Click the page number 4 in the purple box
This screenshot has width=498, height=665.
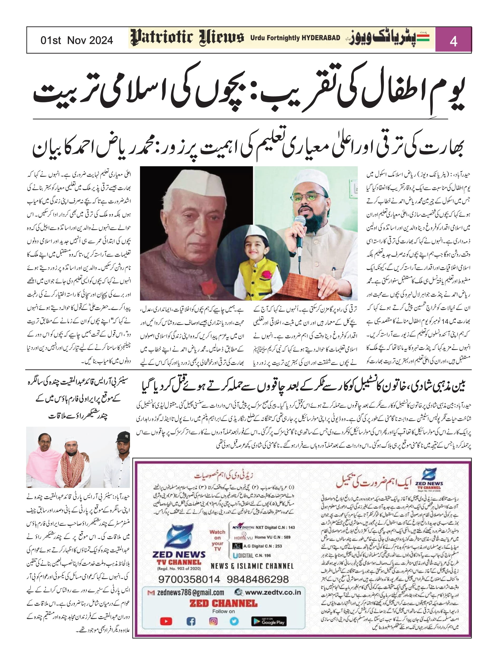(453, 41)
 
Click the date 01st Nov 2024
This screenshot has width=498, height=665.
(77, 40)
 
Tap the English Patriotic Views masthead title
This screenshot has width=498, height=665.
(187, 38)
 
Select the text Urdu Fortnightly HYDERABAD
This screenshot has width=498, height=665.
(295, 38)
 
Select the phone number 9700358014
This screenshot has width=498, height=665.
(189, 579)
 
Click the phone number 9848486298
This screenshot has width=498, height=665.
(257, 579)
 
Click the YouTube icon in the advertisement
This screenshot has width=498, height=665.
(166, 621)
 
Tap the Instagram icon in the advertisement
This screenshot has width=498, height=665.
(213, 621)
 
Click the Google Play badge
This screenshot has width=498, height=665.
(269, 621)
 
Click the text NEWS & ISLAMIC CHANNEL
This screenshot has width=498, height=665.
(252, 566)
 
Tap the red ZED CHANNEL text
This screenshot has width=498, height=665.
(223, 603)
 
